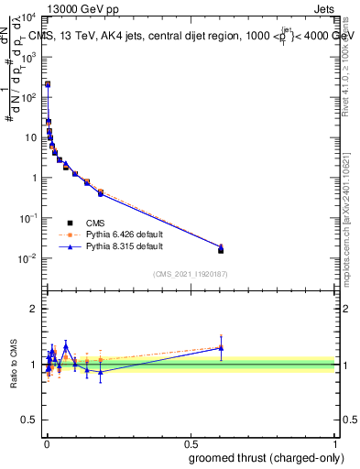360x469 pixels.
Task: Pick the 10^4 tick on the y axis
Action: (x=30, y=16)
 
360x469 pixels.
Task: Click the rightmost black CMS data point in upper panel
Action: (x=221, y=250)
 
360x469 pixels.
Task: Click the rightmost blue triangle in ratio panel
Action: (x=221, y=348)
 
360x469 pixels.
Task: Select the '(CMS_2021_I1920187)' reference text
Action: (x=190, y=273)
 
